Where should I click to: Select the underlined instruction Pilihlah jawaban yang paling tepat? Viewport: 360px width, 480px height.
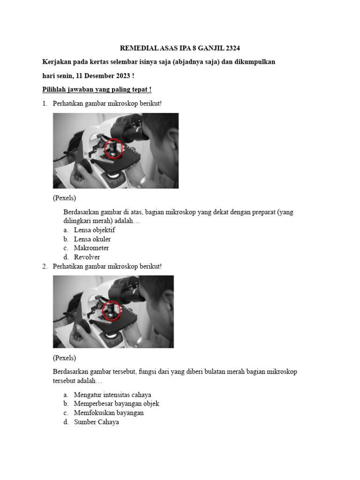pyautogui.click(x=97, y=89)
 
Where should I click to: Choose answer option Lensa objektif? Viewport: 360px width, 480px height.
pyautogui.click(x=94, y=230)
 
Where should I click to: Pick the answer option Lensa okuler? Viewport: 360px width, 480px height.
pyautogui.click(x=92, y=239)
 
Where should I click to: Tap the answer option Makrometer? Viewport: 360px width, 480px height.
pyautogui.click(x=91, y=248)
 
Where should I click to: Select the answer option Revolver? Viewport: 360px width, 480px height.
pyautogui.click(x=87, y=257)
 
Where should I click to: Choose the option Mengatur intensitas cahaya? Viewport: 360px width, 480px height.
pyautogui.click(x=112, y=395)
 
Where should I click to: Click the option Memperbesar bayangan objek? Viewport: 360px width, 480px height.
pyautogui.click(x=117, y=404)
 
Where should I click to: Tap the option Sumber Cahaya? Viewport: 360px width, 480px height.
pyautogui.click(x=97, y=422)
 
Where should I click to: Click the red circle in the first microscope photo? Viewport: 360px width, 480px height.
pyautogui.click(x=113, y=149)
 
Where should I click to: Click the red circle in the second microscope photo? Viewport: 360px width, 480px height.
pyautogui.click(x=111, y=310)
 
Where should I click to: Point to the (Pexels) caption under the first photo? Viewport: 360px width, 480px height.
pyautogui.click(x=64, y=198)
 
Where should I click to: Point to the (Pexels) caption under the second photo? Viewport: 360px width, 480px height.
pyautogui.click(x=64, y=358)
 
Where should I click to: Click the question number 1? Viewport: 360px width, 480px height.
pyautogui.click(x=44, y=103)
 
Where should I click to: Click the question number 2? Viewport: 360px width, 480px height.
pyautogui.click(x=44, y=266)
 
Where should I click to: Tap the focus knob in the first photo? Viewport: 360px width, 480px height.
pyautogui.click(x=84, y=166)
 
